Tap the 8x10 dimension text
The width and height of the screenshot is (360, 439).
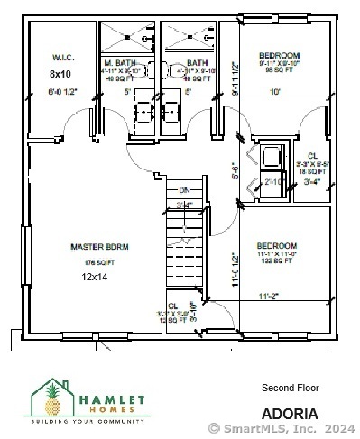(x=60, y=73)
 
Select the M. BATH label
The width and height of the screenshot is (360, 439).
(x=125, y=61)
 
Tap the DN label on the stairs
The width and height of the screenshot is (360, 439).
(x=184, y=190)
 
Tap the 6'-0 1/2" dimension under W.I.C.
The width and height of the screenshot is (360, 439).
(x=62, y=91)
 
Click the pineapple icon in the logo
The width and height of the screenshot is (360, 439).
(x=51, y=398)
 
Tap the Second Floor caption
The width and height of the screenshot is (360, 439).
(x=290, y=388)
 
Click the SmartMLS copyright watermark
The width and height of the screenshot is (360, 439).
(x=282, y=428)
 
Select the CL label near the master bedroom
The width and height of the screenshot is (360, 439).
(x=172, y=306)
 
